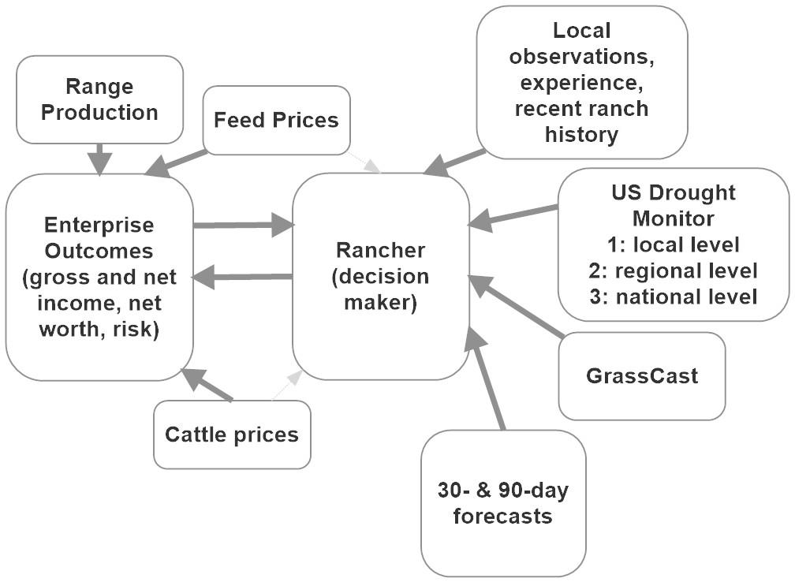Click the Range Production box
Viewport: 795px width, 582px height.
99,99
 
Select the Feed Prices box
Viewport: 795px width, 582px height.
276,120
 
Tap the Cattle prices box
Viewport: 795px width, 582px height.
232,434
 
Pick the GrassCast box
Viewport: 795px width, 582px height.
641,375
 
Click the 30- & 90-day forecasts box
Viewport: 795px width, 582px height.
503,503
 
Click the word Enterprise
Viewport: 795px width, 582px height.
99,225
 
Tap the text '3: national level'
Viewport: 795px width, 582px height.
673,297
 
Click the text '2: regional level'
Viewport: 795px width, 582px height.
673,270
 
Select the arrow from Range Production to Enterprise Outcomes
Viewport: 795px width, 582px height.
99,158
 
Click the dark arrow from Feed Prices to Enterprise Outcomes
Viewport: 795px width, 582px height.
177,161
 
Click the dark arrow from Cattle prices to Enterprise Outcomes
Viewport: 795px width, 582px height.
207,385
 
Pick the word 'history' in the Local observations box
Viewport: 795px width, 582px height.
581,134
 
